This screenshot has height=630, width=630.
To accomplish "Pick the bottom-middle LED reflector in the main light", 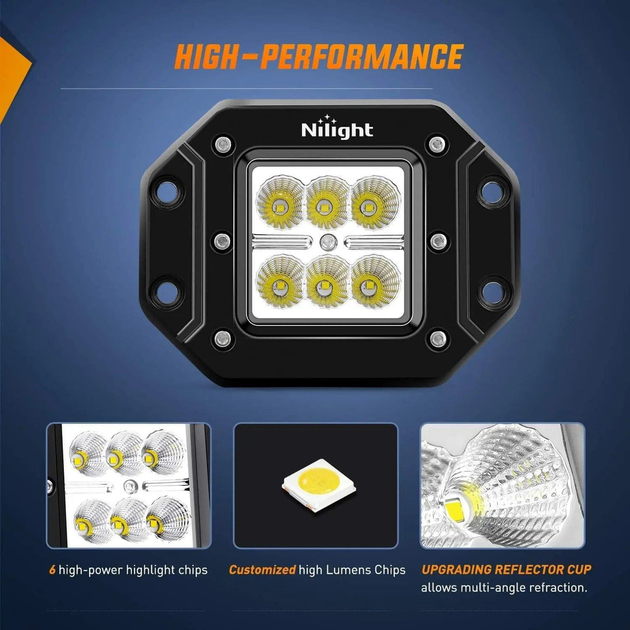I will (x=327, y=281).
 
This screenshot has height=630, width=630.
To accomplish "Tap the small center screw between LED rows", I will (x=327, y=240).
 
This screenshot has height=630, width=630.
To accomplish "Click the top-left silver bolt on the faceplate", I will (x=223, y=144).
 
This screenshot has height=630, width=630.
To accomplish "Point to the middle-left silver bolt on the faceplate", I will (x=223, y=240).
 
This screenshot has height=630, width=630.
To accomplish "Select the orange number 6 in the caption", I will (x=52, y=570).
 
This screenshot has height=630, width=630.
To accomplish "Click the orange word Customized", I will (x=262, y=570).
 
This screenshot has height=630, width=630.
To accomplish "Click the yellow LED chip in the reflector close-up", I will (x=456, y=505).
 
